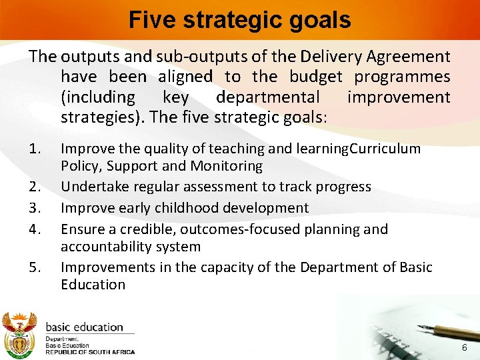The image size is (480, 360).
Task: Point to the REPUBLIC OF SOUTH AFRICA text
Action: point(89,352)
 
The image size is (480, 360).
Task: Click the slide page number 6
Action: point(465,349)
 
